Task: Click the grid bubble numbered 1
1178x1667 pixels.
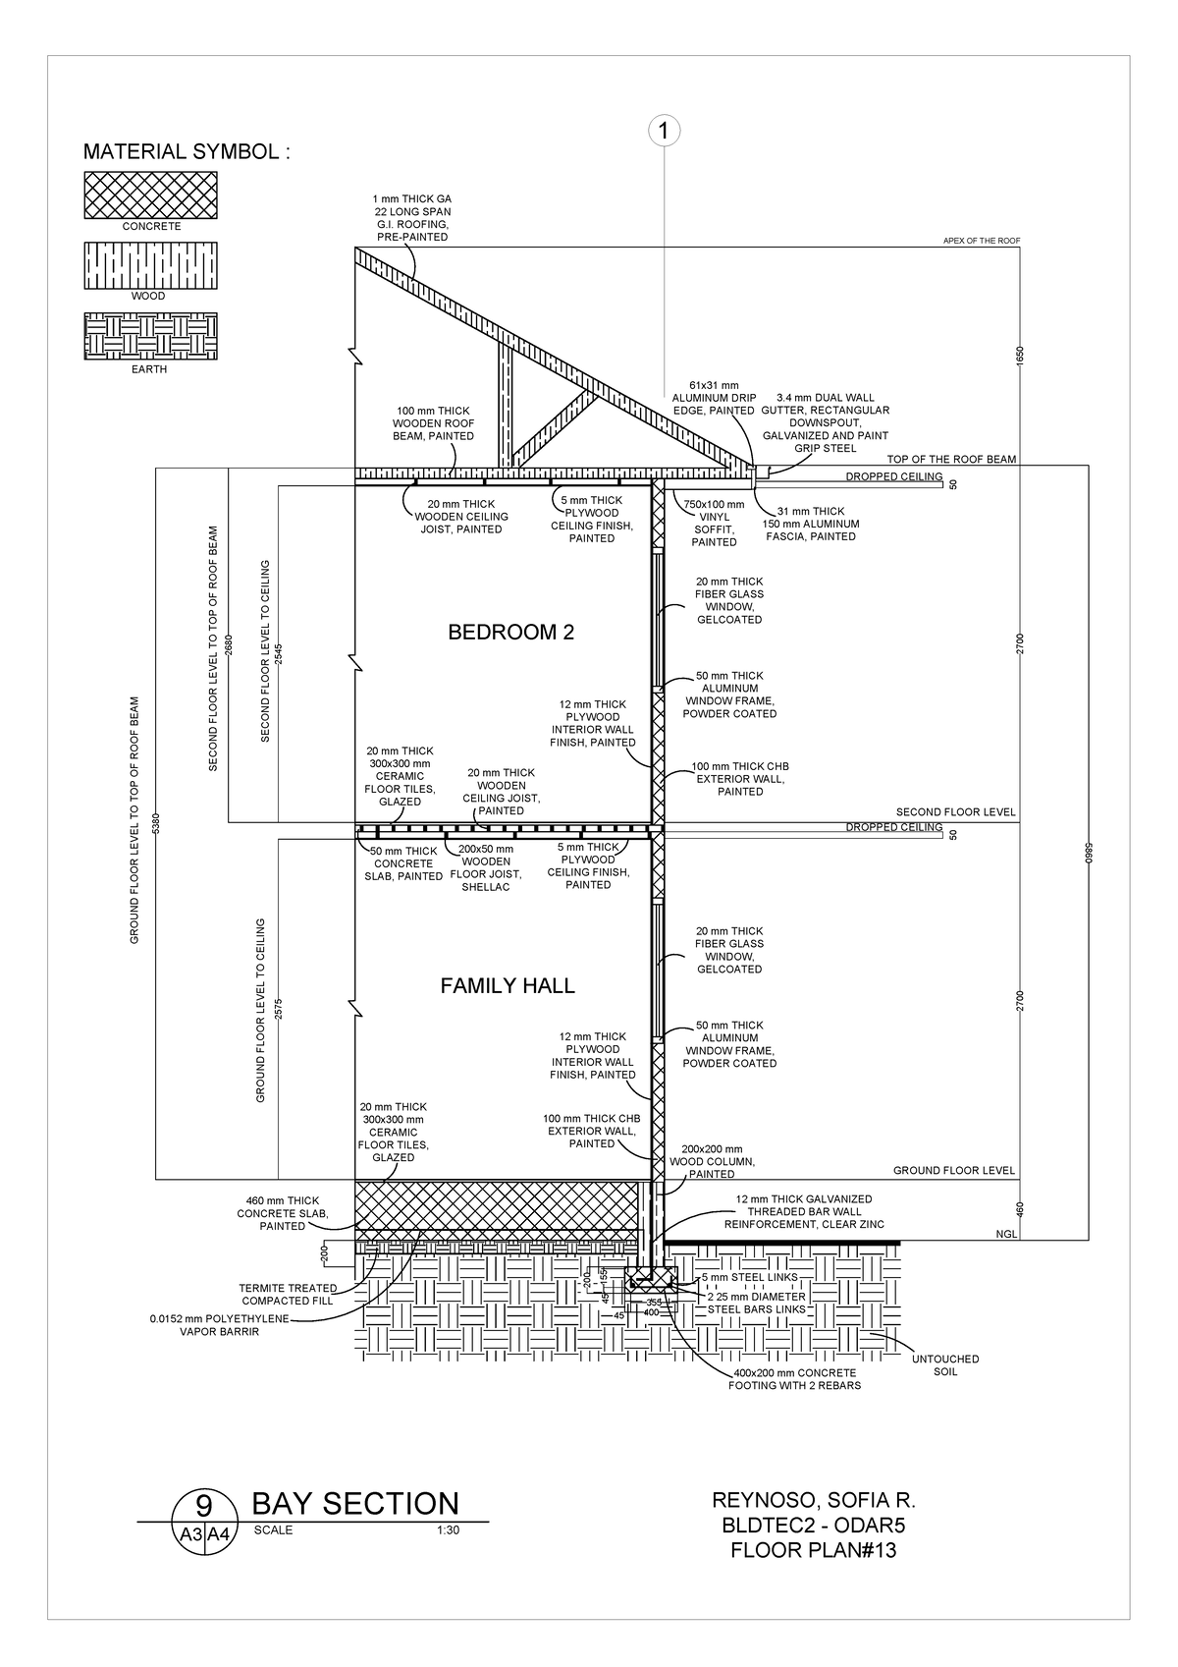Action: pyautogui.click(x=664, y=131)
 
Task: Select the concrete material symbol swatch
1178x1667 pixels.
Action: pyautogui.click(x=150, y=194)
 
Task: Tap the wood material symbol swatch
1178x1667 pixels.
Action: pyautogui.click(x=150, y=265)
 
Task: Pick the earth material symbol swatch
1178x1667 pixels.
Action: pyautogui.click(x=150, y=337)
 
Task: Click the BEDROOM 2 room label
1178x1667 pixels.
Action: pyautogui.click(x=510, y=633)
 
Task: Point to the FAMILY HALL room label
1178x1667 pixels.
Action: pyautogui.click(x=507, y=986)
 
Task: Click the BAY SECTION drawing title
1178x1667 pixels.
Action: pyautogui.click(x=355, y=1503)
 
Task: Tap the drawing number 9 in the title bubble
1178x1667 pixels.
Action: pyautogui.click(x=204, y=1505)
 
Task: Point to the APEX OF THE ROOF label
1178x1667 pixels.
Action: pyautogui.click(x=982, y=241)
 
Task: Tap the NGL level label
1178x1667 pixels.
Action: pyautogui.click(x=1005, y=1234)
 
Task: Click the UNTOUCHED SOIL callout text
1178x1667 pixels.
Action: pyautogui.click(x=944, y=1365)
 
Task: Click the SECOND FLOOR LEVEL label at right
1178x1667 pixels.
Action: pyautogui.click(x=955, y=812)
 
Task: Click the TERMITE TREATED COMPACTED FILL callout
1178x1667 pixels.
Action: pyautogui.click(x=289, y=1294)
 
